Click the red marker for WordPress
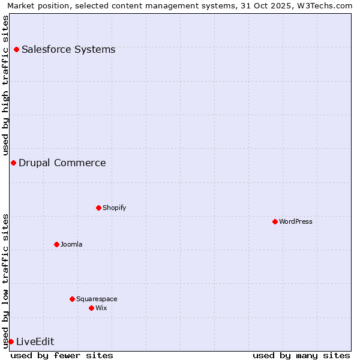pyautogui.click(x=275, y=221)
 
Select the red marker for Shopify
pyautogui.click(x=98, y=208)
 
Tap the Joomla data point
pyautogui.click(x=56, y=244)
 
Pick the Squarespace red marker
pyautogui.click(x=72, y=299)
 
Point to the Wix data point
pyautogui.click(x=91, y=308)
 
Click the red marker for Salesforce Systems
pyautogui.click(x=16, y=49)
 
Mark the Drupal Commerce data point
pyautogui.click(x=13, y=163)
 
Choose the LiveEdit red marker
pyautogui.click(x=11, y=341)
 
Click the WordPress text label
pyautogui.click(x=296, y=221)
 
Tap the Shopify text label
pyautogui.click(x=114, y=208)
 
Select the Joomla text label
pyautogui.click(x=71, y=244)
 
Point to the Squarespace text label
pyautogui.click(x=97, y=299)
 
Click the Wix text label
pyautogui.click(x=101, y=308)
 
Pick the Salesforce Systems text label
pyautogui.click(x=68, y=49)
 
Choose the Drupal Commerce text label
pyautogui.click(x=62, y=163)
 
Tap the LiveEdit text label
pyautogui.click(x=35, y=341)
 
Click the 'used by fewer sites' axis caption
pyautogui.click(x=62, y=355)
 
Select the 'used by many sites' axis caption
pyautogui.click(x=301, y=355)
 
